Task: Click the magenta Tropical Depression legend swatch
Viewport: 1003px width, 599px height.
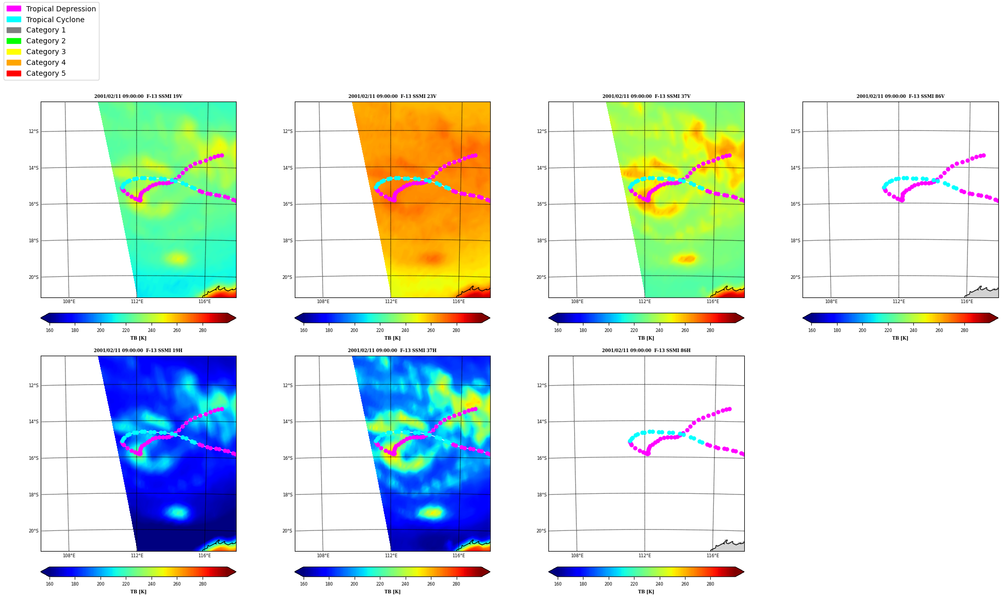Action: point(14,9)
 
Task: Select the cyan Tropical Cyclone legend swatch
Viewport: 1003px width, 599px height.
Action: point(14,20)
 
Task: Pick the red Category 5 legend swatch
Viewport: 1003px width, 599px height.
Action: point(14,73)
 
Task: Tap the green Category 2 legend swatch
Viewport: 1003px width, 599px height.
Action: point(14,41)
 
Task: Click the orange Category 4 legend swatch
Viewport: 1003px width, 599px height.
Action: point(14,62)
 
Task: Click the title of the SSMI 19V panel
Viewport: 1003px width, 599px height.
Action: point(138,96)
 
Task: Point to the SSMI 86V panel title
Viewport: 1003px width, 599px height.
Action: point(900,96)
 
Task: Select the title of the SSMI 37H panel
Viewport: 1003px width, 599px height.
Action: point(392,351)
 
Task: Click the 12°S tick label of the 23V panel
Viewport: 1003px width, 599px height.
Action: point(288,131)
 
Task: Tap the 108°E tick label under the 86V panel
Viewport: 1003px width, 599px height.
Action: point(831,302)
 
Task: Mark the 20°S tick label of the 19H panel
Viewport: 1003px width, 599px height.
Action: point(34,531)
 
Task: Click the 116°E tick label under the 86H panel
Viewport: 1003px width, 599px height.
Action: point(713,556)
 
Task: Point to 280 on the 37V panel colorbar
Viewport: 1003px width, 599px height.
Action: point(710,330)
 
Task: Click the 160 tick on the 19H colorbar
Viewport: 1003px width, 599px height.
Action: point(49,584)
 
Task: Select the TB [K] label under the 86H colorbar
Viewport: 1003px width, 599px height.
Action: point(646,592)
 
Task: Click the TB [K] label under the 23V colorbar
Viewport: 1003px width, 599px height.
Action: point(392,338)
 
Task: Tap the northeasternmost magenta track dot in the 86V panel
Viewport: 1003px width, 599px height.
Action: point(983,155)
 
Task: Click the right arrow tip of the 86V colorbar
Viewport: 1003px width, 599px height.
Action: point(998,318)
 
